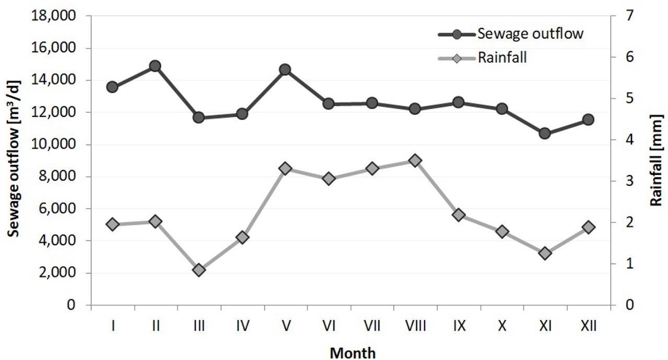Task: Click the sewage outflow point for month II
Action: click(155, 66)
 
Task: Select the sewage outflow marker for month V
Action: click(285, 69)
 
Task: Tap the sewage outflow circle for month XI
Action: click(545, 134)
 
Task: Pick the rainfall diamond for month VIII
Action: click(415, 160)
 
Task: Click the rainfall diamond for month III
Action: click(198, 270)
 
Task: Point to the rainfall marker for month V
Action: click(285, 169)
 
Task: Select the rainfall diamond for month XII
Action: click(588, 227)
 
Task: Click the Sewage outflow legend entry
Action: click(529, 34)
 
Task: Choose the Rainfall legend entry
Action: click(502, 58)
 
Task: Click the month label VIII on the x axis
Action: click(415, 326)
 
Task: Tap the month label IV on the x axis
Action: click(242, 326)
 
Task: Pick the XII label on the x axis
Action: click(588, 326)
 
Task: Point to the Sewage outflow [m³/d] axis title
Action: click(15, 160)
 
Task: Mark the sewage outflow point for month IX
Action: click(458, 102)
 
